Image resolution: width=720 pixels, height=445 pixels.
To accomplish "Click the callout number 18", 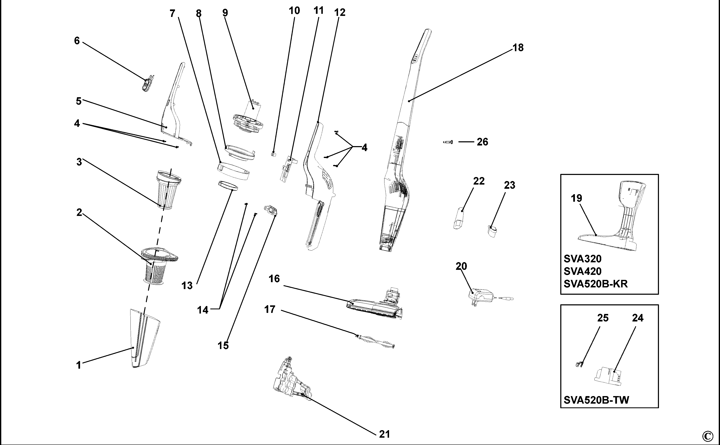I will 518,48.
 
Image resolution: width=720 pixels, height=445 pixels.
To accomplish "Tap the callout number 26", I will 482,142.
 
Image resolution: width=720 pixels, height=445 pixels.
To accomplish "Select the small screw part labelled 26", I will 448,142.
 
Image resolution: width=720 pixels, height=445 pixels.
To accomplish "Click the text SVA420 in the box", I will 582,271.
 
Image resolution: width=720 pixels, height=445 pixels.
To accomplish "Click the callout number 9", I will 225,13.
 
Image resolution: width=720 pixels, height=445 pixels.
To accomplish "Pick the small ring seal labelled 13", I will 228,186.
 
